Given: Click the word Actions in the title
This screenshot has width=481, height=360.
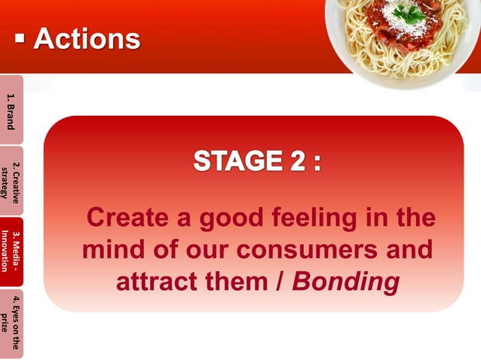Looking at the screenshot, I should pos(87,39).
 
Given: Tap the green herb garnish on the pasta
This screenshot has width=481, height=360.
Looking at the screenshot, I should pos(410,13).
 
